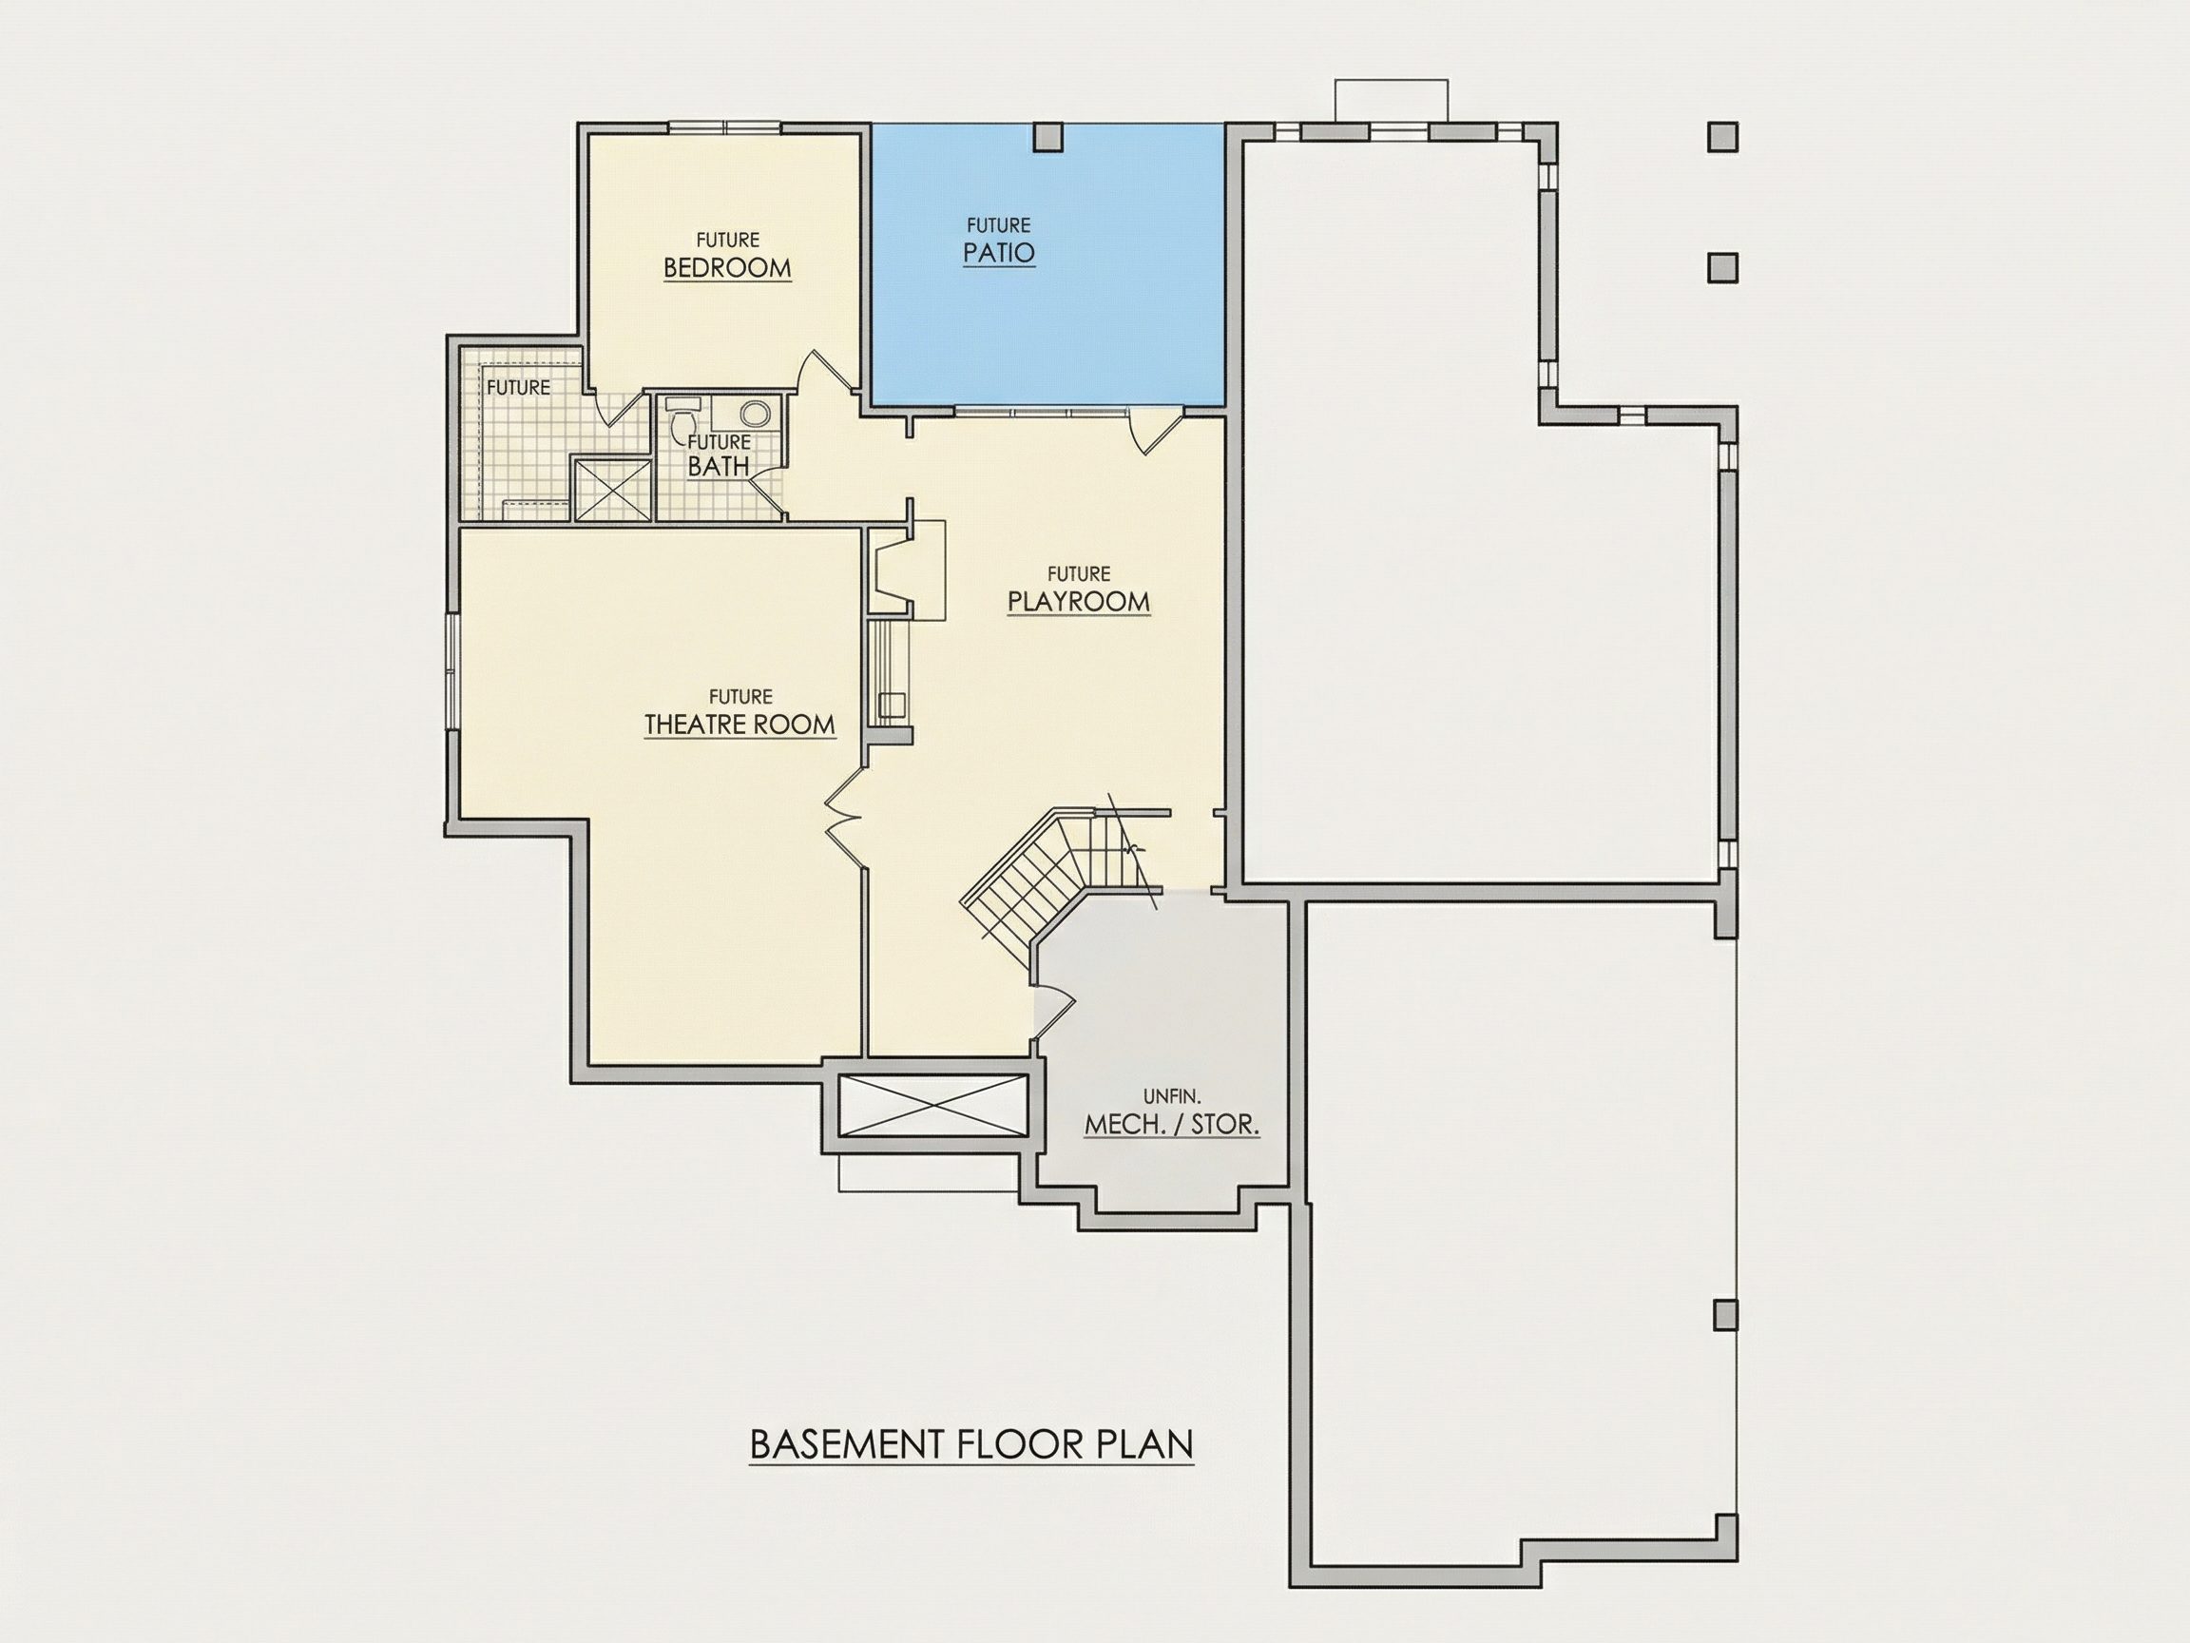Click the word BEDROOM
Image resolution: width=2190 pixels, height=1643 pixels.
[x=727, y=268]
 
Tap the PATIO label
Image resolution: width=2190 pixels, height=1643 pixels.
[x=999, y=253]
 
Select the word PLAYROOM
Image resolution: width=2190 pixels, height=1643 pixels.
[x=1078, y=602]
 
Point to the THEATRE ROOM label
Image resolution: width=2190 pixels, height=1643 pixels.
[x=740, y=725]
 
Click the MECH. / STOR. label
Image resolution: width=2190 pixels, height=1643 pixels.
[x=1172, y=1125]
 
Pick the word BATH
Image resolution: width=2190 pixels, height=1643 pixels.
[x=719, y=467]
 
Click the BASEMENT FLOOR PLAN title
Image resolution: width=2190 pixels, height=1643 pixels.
[x=971, y=1444]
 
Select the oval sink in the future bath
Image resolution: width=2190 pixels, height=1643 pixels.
[x=756, y=413]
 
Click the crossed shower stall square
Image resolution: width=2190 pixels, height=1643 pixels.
[x=611, y=489]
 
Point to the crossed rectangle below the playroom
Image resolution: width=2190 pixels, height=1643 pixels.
[x=931, y=1104]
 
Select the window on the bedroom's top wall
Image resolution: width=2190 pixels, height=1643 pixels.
[x=725, y=126]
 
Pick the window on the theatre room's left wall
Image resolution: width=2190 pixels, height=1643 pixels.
[x=451, y=672]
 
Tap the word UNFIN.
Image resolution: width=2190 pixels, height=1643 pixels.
[x=1172, y=1096]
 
